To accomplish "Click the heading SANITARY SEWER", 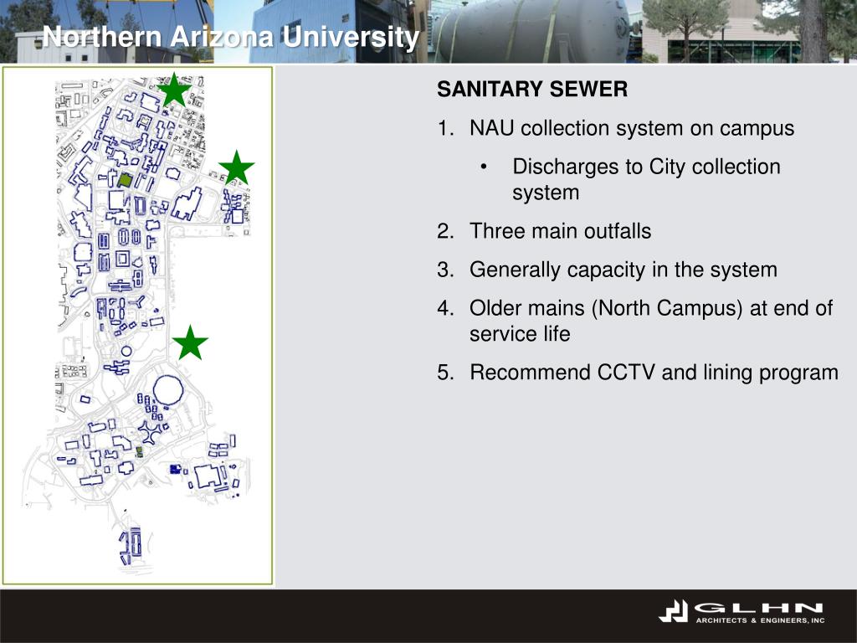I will click(532, 90).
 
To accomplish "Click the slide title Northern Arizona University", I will click(231, 38).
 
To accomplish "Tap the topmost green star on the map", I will click(174, 90).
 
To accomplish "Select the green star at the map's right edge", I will click(237, 168).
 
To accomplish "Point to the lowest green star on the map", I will click(191, 343).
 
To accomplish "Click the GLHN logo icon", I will click(673, 612).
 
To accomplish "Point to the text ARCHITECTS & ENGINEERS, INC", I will click(760, 620).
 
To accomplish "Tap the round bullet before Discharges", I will click(485, 167).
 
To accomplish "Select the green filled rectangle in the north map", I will click(125, 179).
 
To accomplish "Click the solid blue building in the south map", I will click(175, 470).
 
